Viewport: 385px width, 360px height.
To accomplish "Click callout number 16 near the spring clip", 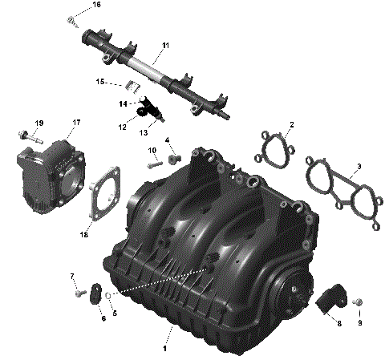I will tap(97, 5).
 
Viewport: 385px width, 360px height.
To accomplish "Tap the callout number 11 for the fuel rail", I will tap(165, 45).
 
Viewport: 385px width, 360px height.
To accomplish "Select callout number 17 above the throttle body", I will tap(77, 123).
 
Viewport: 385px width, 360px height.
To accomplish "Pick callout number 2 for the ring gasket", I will tap(291, 124).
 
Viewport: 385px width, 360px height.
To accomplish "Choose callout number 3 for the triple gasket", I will tap(359, 166).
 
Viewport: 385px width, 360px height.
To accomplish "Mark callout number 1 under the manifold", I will tap(165, 349).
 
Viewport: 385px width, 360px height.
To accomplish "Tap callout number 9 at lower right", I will tap(360, 323).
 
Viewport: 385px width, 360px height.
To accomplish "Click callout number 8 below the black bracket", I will tap(338, 323).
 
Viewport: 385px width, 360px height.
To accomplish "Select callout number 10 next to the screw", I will tap(152, 151).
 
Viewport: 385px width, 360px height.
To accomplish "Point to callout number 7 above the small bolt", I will tap(72, 277).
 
